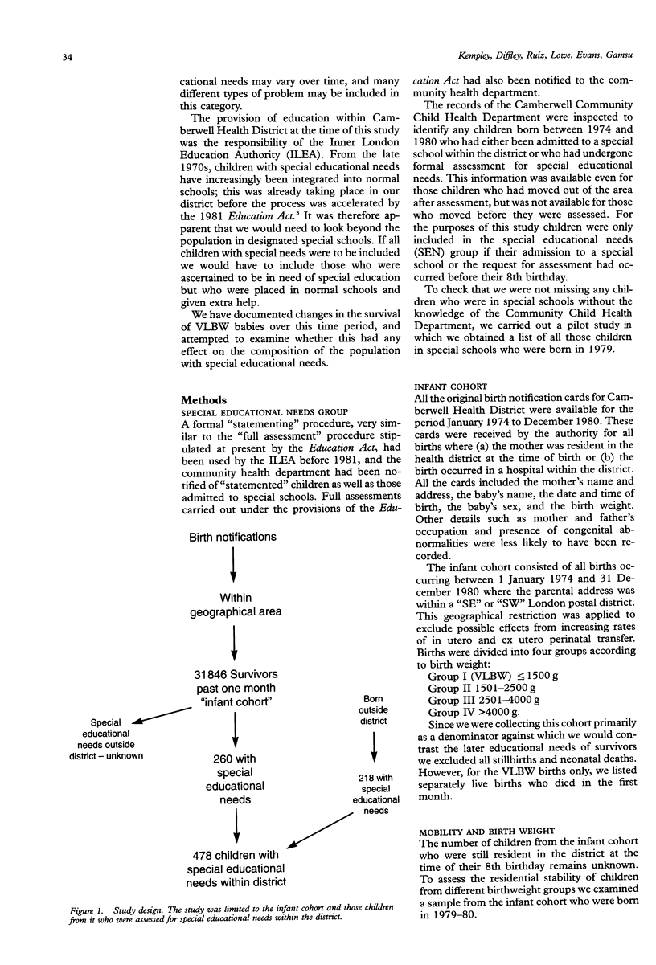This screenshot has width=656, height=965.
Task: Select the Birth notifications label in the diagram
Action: tap(232, 537)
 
